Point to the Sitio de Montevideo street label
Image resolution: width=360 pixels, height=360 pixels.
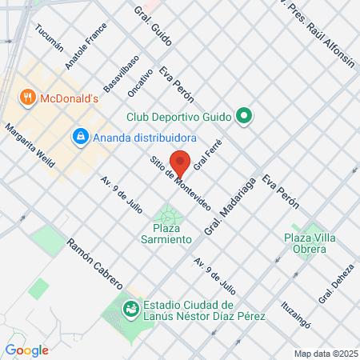[x=179, y=184]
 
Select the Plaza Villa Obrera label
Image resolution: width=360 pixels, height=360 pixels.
[x=305, y=243]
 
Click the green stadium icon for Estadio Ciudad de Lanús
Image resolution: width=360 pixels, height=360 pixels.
[x=130, y=306]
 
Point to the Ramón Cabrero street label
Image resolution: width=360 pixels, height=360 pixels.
[x=94, y=262]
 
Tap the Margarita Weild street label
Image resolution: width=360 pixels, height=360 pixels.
[x=30, y=145]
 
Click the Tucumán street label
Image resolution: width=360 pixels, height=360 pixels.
[x=49, y=37]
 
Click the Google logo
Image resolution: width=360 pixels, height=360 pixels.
[x=27, y=350]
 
